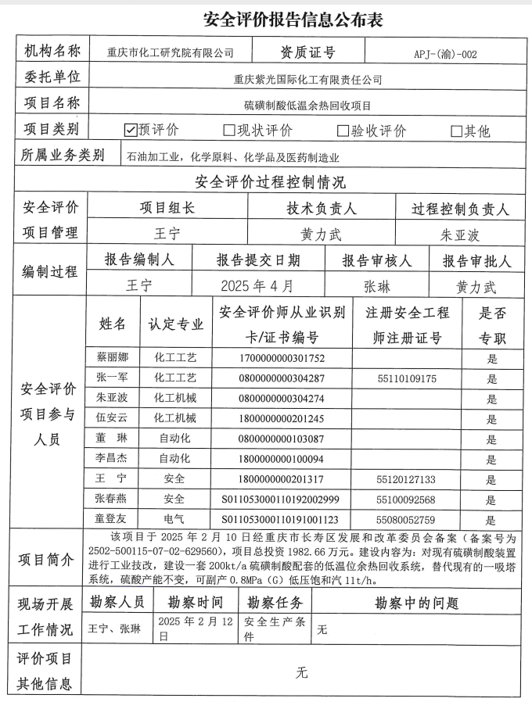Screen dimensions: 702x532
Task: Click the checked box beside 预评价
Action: coord(131,130)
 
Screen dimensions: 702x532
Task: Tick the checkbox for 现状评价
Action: coord(229,131)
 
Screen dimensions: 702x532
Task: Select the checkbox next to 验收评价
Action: coord(343,131)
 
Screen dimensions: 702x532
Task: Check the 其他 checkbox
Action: coord(457,131)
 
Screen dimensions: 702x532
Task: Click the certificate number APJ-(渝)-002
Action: coord(445,55)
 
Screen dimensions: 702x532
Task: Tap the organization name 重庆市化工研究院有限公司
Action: coord(171,54)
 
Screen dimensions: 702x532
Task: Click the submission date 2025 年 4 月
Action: coord(257,285)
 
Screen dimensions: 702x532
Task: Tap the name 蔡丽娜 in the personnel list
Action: coord(113,358)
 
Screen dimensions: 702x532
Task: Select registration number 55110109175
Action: coord(406,379)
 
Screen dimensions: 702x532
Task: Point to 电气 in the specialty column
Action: coord(174,519)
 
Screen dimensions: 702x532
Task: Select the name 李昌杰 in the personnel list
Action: coord(113,459)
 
